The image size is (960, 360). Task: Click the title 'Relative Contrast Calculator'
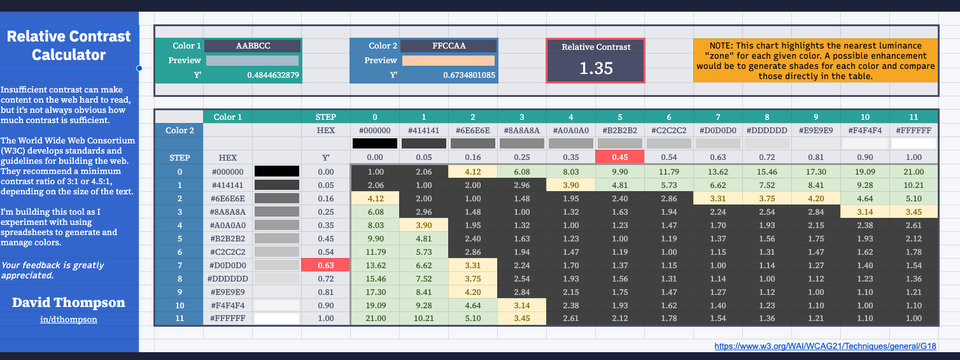pos(69,45)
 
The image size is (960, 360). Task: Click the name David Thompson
pos(69,301)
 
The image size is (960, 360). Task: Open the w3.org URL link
pos(827,346)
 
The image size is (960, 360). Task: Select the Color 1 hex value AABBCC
pos(253,46)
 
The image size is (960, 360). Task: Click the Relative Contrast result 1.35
pos(595,68)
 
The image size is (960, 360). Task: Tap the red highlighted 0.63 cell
pos(326,265)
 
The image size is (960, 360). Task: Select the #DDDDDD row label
pos(228,279)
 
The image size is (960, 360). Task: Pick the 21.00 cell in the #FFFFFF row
pos(370,319)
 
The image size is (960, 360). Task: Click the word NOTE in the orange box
pos(723,46)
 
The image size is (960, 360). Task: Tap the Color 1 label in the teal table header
pos(228,116)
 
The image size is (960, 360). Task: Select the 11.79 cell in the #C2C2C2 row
pos(370,252)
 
